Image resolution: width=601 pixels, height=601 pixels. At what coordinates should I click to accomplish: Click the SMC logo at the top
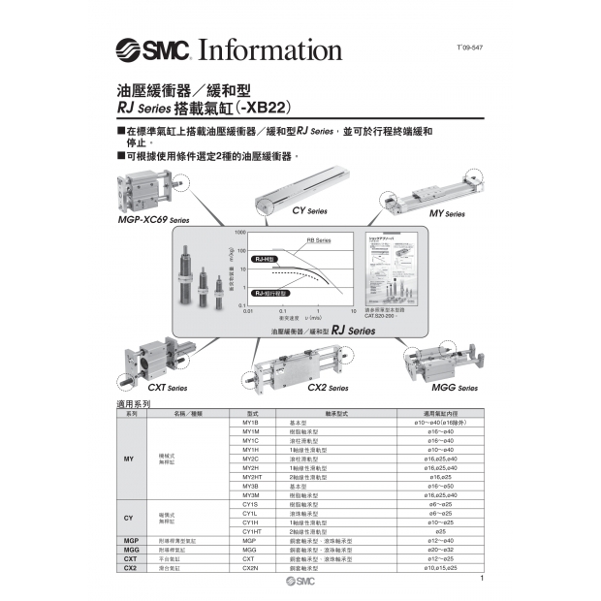pos(154,50)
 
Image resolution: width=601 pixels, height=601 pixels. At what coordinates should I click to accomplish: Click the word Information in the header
pos(270,49)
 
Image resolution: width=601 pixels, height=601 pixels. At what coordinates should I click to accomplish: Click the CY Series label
pos(309,209)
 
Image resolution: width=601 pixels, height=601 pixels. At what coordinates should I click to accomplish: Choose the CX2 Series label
pos(327,388)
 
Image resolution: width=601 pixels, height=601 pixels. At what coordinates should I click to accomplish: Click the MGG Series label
pos(454,388)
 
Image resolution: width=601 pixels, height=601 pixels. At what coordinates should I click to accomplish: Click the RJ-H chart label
pos(265,260)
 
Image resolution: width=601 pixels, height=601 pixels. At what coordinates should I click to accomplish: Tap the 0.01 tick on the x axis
pos(248,311)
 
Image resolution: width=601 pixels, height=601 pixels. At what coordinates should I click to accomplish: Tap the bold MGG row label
pos(130,549)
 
